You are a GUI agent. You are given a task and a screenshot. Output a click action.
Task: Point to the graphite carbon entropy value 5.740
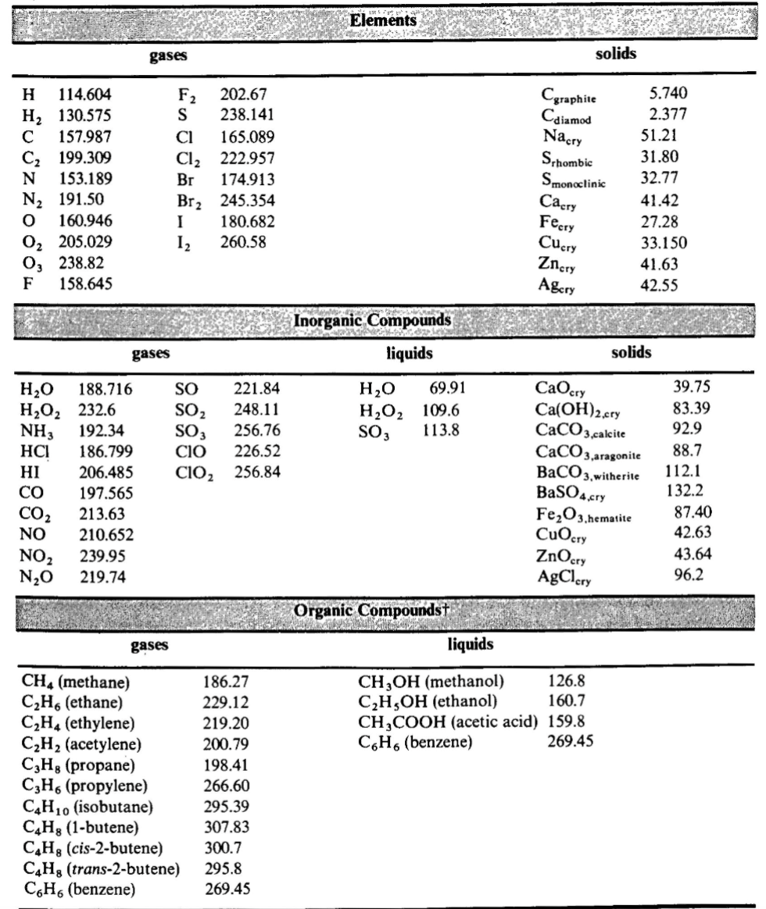(x=668, y=95)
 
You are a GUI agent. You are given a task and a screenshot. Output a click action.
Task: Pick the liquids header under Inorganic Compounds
(x=409, y=355)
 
